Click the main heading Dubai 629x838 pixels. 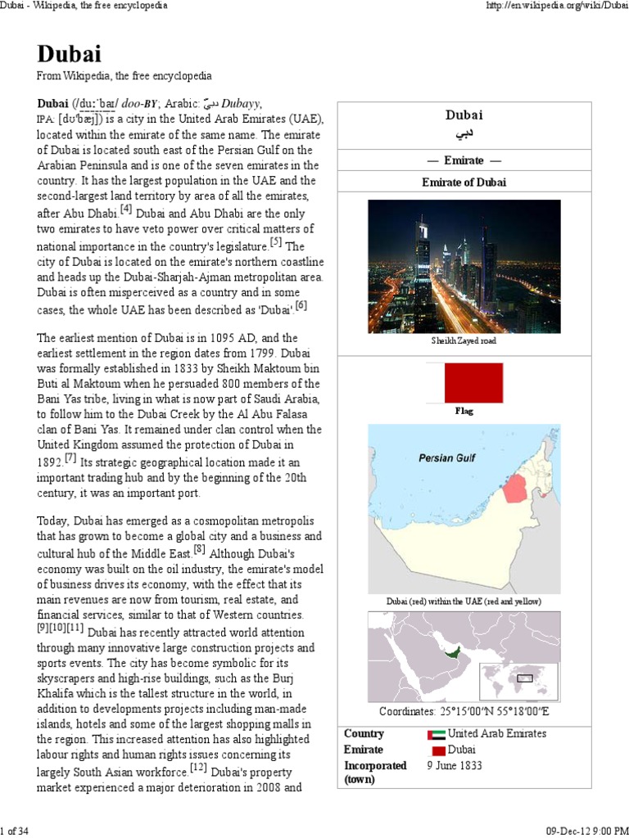69,54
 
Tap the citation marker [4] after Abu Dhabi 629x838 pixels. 126,209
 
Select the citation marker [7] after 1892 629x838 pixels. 70,457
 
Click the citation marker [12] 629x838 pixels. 198,767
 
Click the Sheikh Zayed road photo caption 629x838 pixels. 464,340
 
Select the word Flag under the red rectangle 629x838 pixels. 464,411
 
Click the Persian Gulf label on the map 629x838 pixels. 447,458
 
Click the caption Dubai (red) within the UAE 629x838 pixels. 464,601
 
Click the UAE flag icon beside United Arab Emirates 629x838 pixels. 437,735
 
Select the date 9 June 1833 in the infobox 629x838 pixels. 455,766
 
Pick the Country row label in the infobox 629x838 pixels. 364,734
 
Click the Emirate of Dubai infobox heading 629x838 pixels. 464,182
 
